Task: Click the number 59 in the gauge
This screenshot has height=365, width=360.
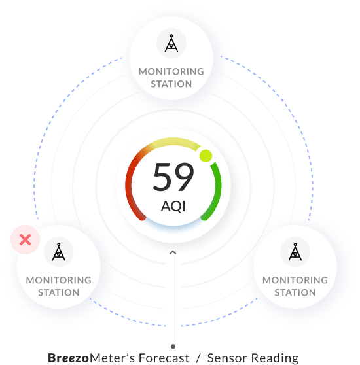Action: pos(173,177)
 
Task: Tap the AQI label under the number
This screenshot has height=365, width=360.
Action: pos(173,206)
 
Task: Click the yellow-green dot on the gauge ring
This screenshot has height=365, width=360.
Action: pos(206,156)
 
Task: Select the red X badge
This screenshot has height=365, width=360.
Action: pos(25,240)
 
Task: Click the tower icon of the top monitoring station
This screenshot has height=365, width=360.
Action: pos(171,43)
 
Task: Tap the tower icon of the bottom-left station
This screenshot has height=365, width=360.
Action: pos(59,252)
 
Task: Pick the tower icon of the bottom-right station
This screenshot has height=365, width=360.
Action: pos(295,252)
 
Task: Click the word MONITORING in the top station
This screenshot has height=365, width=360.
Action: pos(171,72)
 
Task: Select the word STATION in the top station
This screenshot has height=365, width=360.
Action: pos(171,84)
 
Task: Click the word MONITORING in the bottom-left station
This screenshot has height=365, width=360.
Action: pos(59,280)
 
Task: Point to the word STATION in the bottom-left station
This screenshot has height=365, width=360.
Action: pos(59,292)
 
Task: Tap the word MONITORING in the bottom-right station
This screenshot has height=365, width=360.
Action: pos(295,280)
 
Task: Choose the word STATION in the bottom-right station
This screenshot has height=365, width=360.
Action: pos(295,292)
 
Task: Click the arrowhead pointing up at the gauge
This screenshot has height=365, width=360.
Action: pos(173,252)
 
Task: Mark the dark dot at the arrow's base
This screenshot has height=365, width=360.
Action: pos(173,347)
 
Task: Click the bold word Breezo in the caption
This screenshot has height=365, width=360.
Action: pos(69,358)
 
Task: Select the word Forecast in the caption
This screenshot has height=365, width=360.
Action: pos(164,358)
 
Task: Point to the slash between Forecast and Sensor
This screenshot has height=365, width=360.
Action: pos(198,358)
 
